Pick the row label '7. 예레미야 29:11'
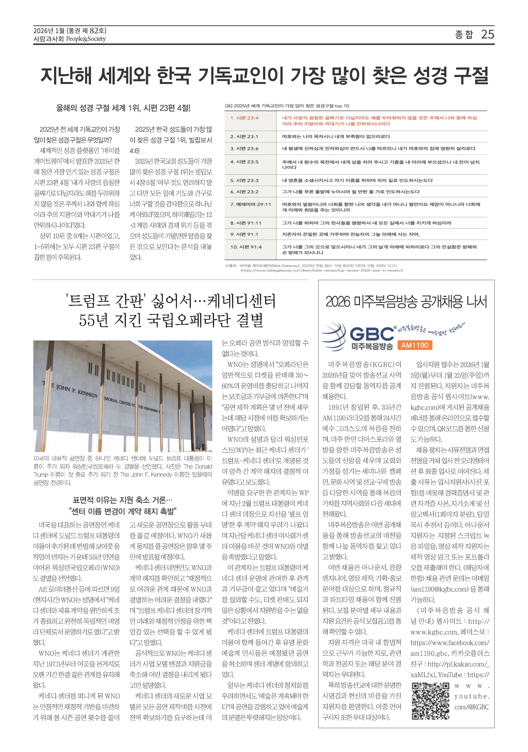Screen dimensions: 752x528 point(250,204)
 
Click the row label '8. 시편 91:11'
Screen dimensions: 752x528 point(246,223)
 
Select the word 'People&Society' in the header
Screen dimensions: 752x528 point(86,39)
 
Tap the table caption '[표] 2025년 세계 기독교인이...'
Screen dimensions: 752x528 point(287,106)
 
